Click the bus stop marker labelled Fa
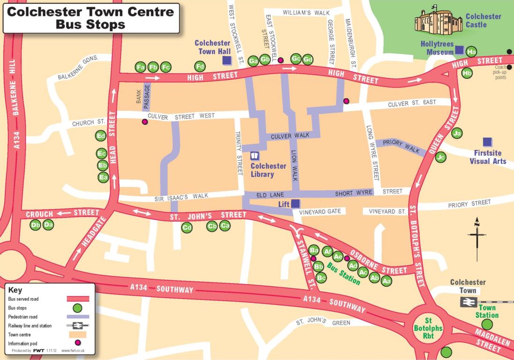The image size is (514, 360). (140, 67)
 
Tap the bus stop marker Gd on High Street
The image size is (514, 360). (308, 60)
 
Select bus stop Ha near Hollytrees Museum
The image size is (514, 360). (471, 52)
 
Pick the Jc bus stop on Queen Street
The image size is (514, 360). (440, 157)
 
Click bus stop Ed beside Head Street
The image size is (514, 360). (101, 136)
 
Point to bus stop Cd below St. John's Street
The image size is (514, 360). (187, 228)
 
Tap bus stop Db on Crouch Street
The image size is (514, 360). (35, 225)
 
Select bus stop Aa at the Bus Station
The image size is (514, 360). (386, 281)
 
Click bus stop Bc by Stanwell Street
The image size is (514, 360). (321, 277)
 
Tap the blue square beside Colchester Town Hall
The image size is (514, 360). (227, 60)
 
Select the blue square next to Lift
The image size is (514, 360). (296, 203)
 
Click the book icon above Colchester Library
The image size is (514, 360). (255, 156)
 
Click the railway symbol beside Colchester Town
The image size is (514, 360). (468, 302)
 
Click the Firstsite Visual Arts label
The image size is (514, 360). (488, 157)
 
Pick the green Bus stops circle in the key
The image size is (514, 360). (77, 308)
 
